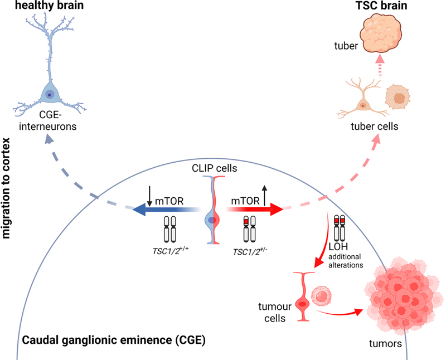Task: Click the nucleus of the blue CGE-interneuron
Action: [50, 94]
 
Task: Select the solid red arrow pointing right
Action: [256, 209]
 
